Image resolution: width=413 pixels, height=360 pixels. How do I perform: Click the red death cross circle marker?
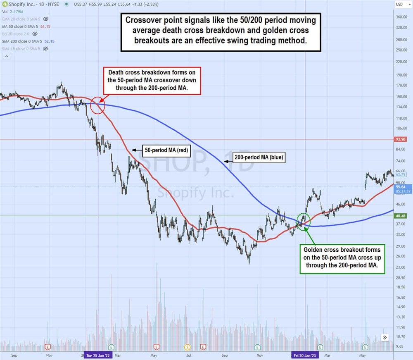click(x=97, y=105)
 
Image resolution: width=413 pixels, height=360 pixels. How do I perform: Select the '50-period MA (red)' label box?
click(x=166, y=150)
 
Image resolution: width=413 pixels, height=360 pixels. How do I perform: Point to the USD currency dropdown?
click(x=400, y=4)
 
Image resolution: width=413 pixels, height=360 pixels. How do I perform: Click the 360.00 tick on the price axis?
click(x=402, y=17)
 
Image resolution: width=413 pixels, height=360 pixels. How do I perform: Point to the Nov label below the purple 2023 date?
click(x=260, y=355)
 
